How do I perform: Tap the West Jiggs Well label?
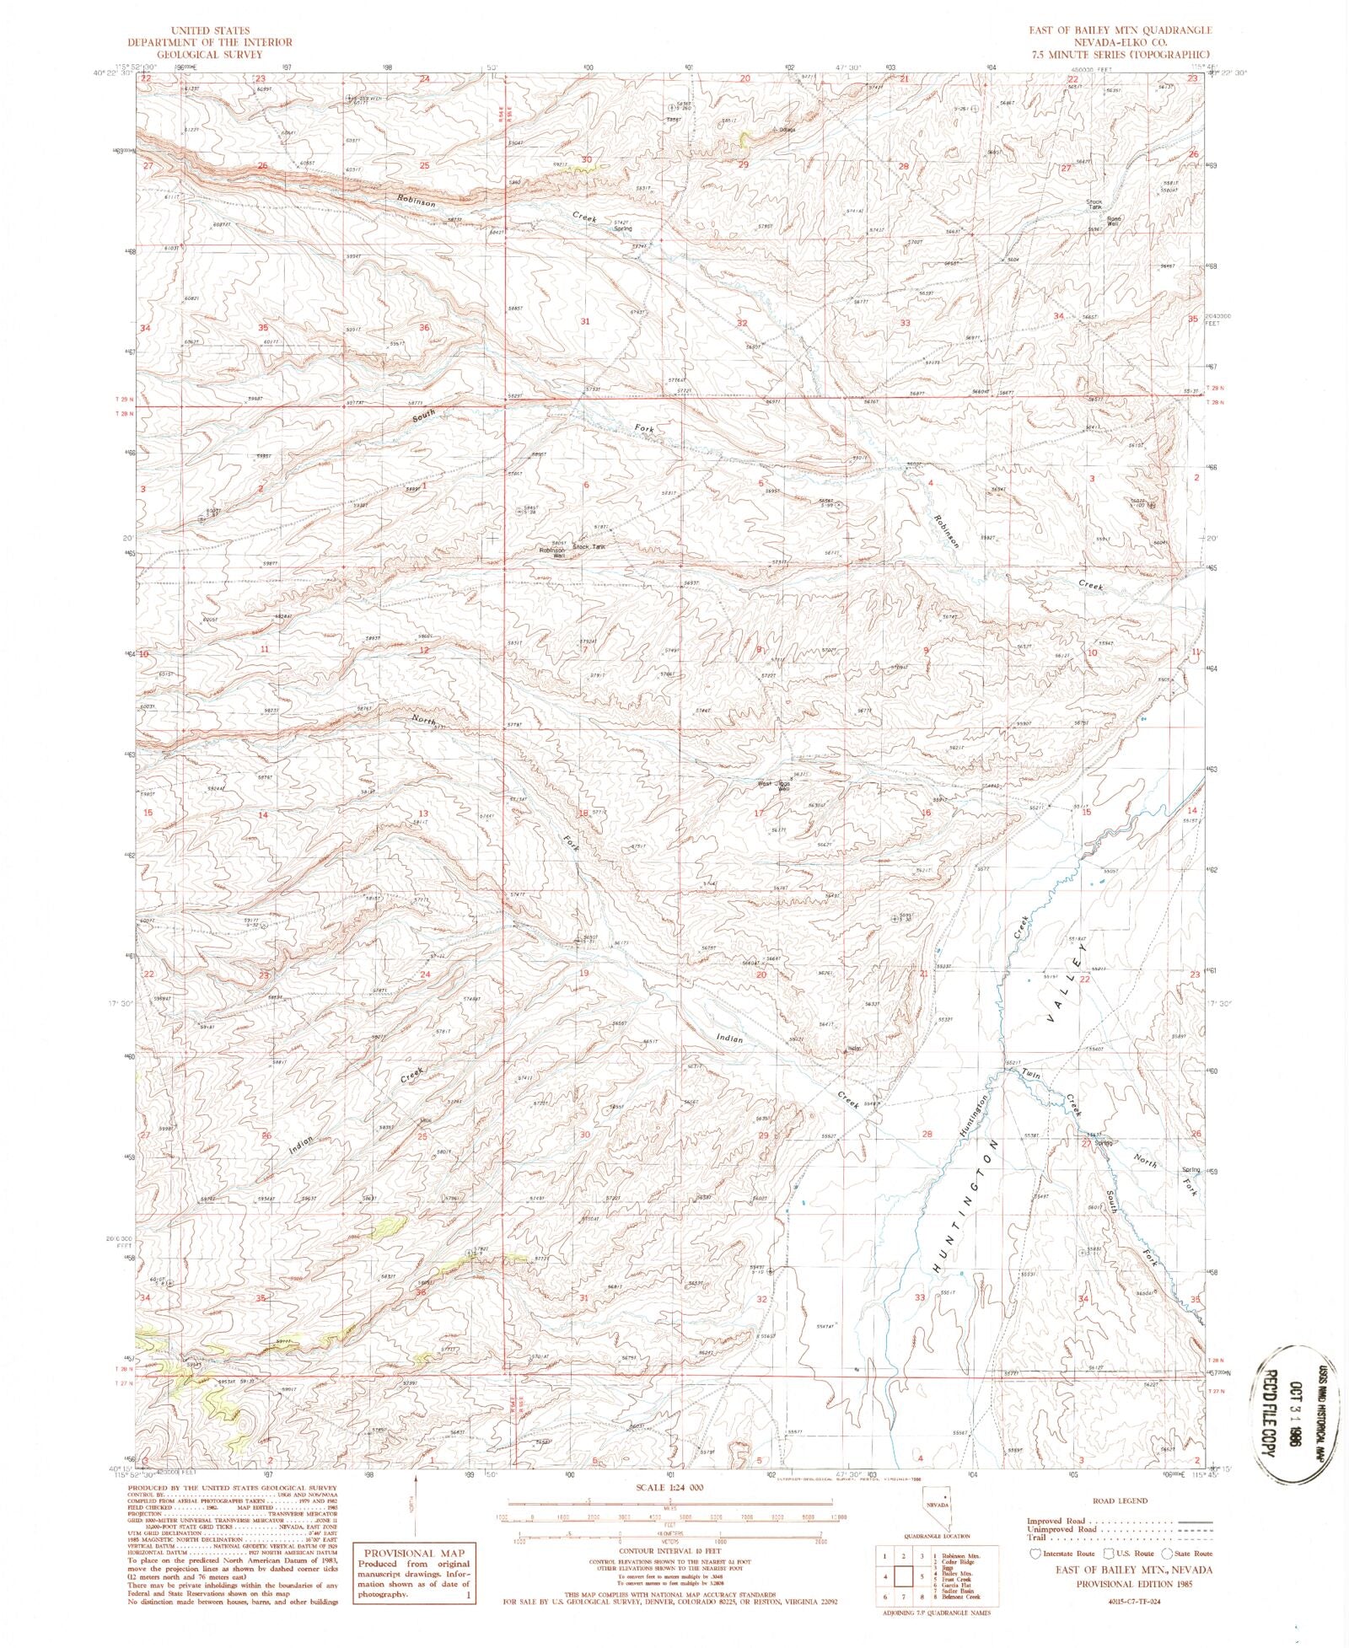pos(773,786)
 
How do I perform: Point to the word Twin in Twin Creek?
pos(1030,1074)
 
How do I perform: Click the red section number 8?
pos(760,649)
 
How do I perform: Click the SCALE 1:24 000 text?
pos(673,1487)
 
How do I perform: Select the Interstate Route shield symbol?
pos(1035,1553)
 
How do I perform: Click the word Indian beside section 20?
pos(730,1039)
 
